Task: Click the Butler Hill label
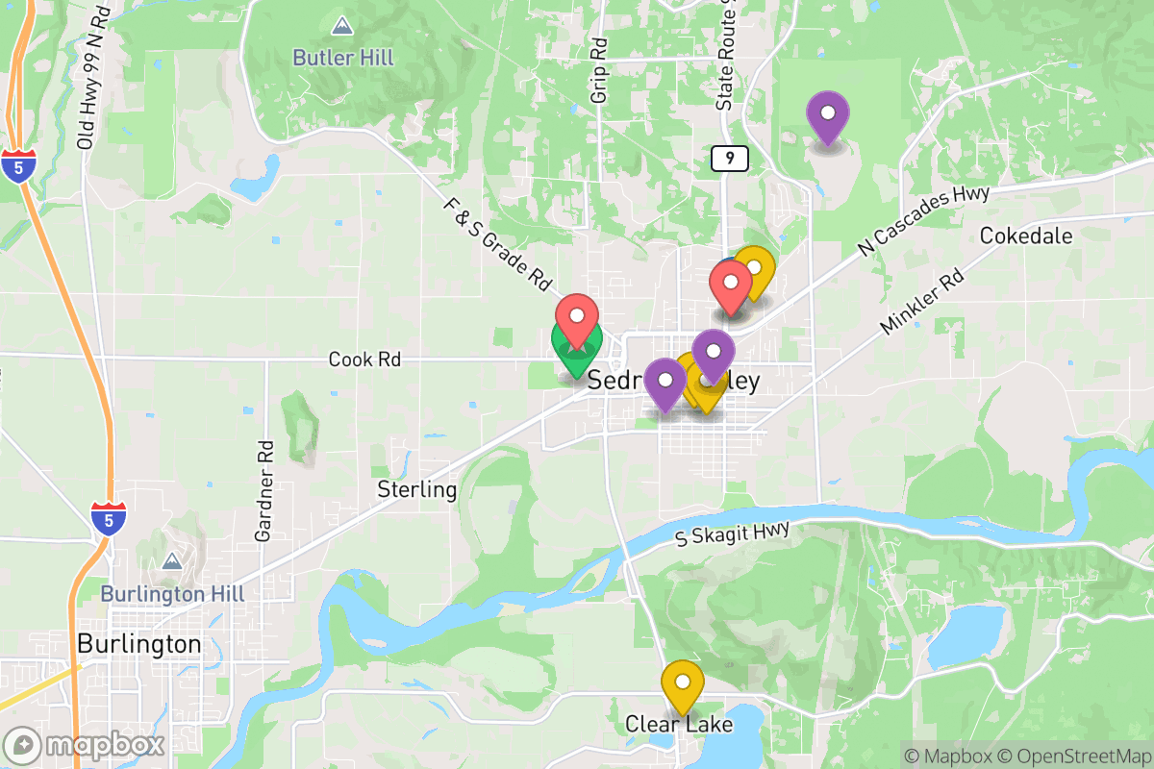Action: click(342, 58)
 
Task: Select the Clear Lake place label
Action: click(679, 724)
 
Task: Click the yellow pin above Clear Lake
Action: click(683, 684)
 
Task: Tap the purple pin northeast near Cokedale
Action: click(827, 115)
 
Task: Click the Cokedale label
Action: click(1026, 236)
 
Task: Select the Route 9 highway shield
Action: click(730, 159)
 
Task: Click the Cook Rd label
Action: click(364, 360)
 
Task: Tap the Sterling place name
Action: click(416, 489)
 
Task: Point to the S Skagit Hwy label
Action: click(732, 533)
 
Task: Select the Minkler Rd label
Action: click(921, 303)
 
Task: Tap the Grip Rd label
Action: click(599, 70)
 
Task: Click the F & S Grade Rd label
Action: click(498, 245)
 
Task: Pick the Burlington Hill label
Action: click(172, 594)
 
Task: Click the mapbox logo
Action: click(85, 745)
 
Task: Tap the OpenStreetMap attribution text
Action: click(1074, 755)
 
